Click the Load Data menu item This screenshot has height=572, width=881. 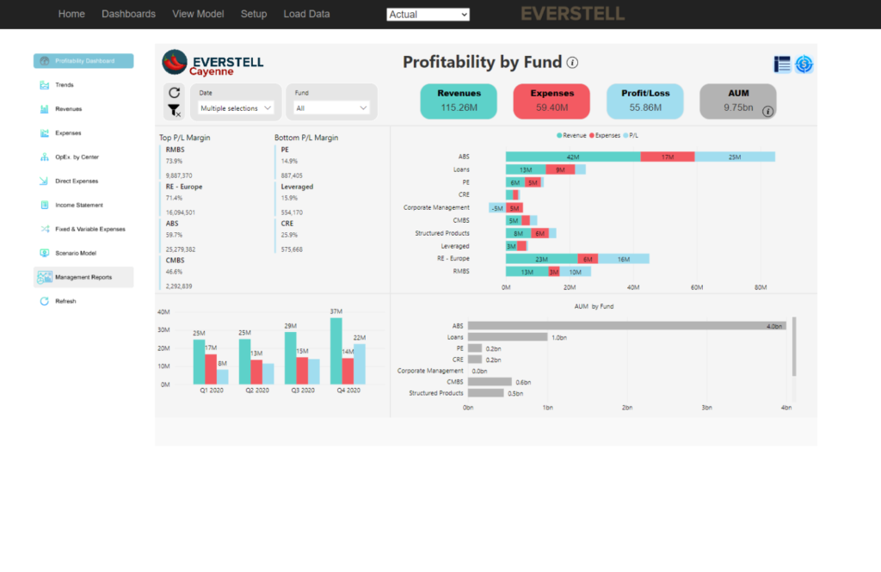pos(306,14)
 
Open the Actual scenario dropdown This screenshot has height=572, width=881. pos(428,15)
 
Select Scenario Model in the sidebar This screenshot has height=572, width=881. pos(76,253)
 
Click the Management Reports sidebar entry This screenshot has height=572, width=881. pos(83,277)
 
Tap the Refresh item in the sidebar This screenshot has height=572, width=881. pos(65,301)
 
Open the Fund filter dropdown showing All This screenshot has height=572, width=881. pos(331,108)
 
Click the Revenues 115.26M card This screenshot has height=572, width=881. pos(459,101)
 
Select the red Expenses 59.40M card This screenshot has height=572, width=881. pos(551,101)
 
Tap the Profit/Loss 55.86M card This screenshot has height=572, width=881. pos(644,101)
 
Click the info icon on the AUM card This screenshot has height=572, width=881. pos(768,111)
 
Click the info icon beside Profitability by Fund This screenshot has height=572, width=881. pos(572,63)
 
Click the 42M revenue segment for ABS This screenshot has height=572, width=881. pos(572,157)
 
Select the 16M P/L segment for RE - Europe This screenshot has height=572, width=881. pos(623,259)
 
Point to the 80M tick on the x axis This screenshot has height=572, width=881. pos(760,287)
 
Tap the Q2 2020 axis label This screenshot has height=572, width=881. pos(256,391)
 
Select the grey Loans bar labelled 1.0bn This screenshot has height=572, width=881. pos(508,337)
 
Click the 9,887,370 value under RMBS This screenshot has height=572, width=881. pos(179,175)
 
